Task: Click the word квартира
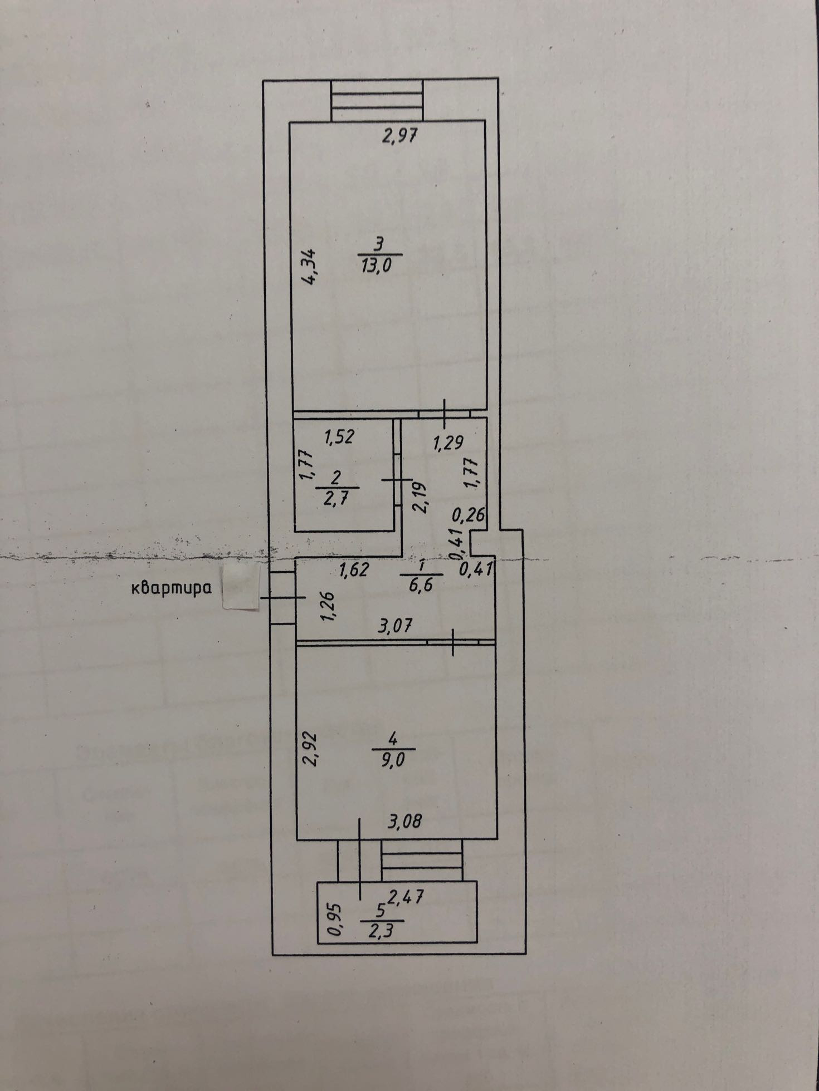tap(172, 588)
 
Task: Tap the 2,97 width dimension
tap(399, 135)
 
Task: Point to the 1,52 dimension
tap(339, 437)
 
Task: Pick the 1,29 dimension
tap(448, 443)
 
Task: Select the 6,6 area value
tap(421, 585)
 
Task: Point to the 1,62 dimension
tap(353, 569)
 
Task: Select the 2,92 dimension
tap(311, 749)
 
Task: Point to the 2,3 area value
tap(382, 930)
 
